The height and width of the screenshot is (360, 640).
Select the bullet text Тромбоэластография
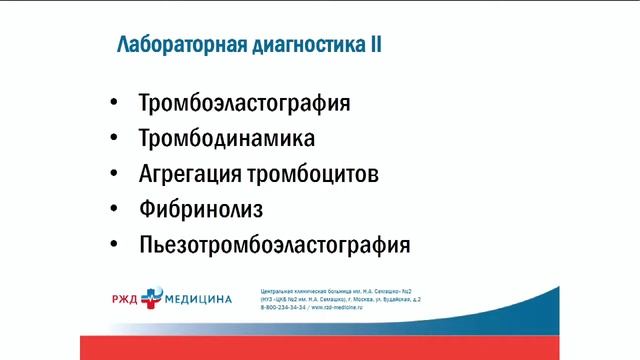point(245,103)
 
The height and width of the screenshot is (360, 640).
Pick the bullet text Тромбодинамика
point(228,138)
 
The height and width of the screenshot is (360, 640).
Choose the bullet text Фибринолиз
point(201,209)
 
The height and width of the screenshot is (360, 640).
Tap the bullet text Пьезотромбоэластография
point(275,244)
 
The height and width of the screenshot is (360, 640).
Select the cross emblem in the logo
point(151,296)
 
